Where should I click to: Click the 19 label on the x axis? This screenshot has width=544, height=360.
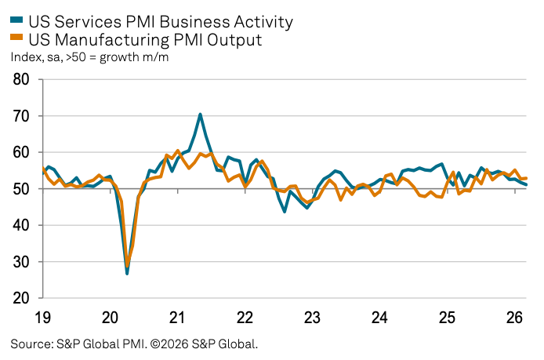43,318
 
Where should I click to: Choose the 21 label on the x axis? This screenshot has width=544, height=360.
177,318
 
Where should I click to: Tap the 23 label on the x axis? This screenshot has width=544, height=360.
312,318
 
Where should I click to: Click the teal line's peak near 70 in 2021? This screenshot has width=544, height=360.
200,115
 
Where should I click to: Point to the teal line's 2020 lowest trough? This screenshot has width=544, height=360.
127,273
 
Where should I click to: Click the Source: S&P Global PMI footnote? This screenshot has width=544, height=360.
134,344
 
